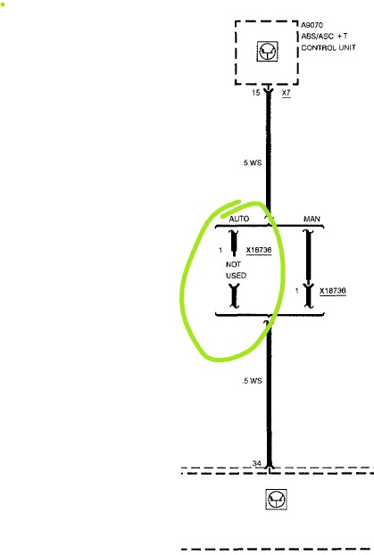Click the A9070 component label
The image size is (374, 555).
pos(312,25)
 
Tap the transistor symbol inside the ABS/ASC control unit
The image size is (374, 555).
pos(268,52)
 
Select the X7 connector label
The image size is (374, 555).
pos(287,93)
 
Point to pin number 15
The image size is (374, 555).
pos(256,93)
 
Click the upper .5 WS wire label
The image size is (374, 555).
pos(252,162)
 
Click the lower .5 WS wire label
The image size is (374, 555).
pos(252,381)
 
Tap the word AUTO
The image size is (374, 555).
pos(239,219)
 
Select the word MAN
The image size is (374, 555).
pos(312,220)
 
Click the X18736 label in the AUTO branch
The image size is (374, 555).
pos(259,250)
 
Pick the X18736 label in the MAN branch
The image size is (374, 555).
pos(333,291)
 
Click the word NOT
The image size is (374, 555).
pos(233,264)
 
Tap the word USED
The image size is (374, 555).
pos(237,276)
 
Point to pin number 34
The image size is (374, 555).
pos(257,463)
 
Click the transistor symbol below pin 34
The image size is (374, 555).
pos(276,500)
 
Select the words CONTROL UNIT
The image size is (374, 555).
pos(328,48)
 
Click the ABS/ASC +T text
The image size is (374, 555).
pos(324,36)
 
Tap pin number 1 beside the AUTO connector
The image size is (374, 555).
pos(220,250)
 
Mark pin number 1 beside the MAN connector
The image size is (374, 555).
pos(297,291)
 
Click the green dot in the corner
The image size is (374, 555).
pos(3,4)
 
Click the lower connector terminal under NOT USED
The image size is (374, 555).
pos(234,296)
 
